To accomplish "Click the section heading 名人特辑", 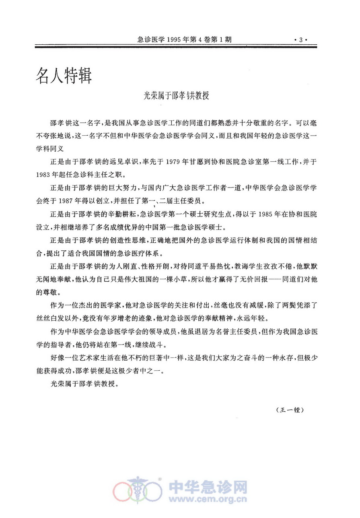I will coord(64,74).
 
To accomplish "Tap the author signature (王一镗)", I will coord(290,410).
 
